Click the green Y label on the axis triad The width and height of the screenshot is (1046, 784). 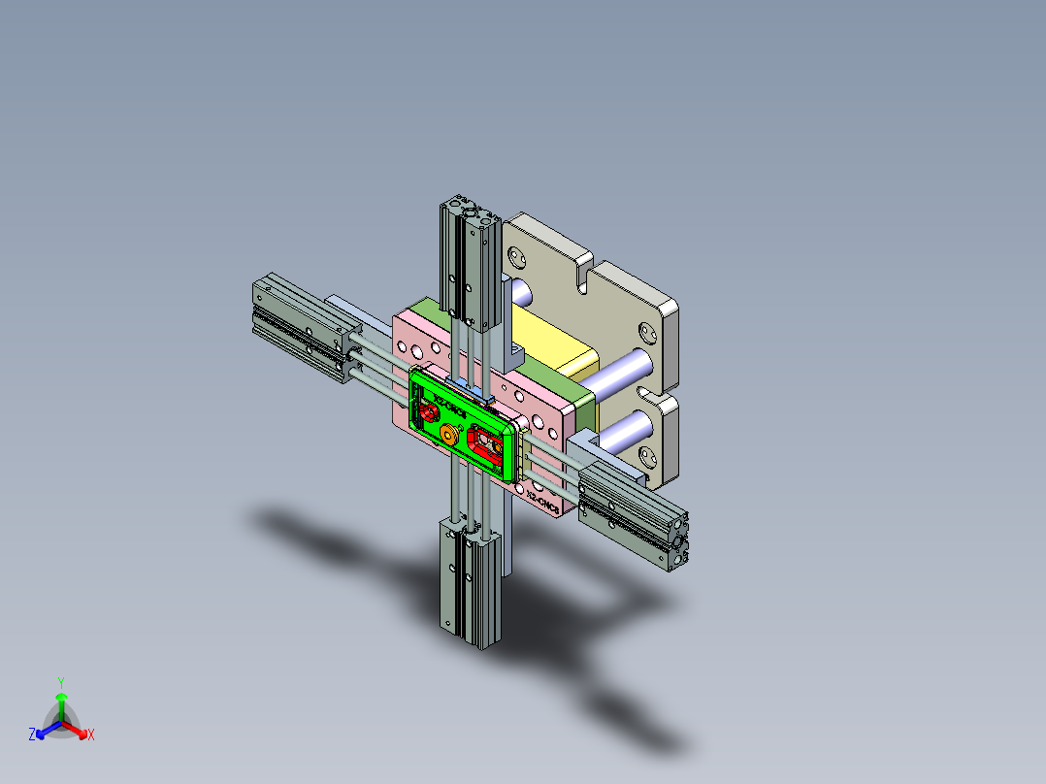[x=60, y=681]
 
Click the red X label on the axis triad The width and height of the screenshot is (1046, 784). [x=91, y=735]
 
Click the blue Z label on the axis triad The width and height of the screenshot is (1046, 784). [x=32, y=735]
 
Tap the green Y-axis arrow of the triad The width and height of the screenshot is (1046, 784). [x=60, y=703]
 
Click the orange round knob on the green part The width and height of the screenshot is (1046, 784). [x=449, y=436]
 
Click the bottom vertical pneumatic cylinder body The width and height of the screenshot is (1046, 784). [x=471, y=582]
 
